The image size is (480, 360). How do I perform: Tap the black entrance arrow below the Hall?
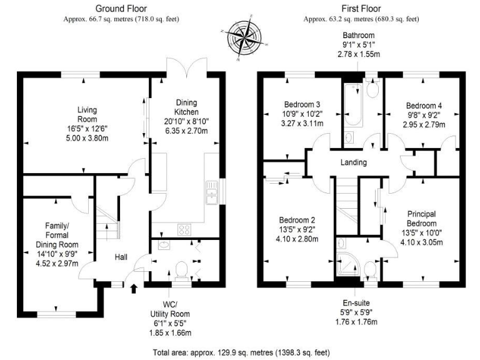[132, 288]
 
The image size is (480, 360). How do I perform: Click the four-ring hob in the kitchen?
[185, 229]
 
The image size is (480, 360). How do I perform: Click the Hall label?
[122, 256]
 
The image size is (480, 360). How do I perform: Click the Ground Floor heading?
[121, 8]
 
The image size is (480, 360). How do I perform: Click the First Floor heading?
[362, 8]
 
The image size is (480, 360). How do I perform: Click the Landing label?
[354, 162]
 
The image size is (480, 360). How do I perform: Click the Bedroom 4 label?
[422, 105]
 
